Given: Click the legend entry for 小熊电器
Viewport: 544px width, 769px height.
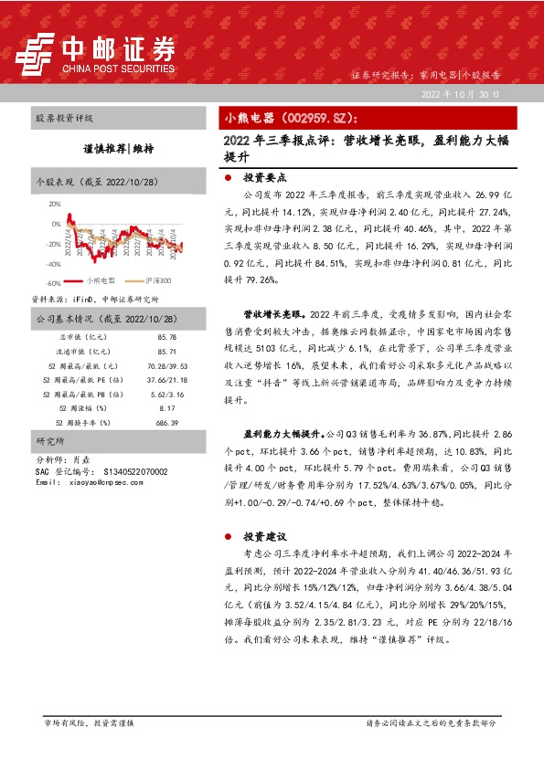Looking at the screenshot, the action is pos(97,281).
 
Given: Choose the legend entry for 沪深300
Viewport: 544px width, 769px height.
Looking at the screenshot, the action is pos(155,281).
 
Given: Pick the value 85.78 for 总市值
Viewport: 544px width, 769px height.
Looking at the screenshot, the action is pos(166,338).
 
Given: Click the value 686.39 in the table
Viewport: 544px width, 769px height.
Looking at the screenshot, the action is pos(166,424).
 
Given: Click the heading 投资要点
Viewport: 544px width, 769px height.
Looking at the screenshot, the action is pos(264,179).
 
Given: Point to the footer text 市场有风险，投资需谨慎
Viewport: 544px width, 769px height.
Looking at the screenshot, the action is pos(89,722).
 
